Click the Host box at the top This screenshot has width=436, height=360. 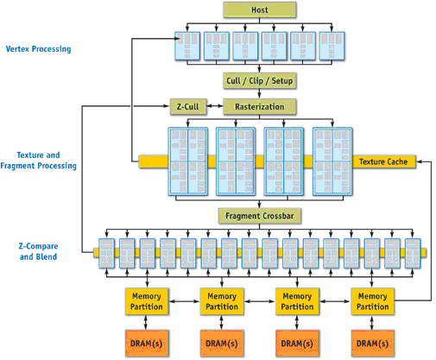[260, 9]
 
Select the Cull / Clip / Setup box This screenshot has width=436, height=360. [260, 79]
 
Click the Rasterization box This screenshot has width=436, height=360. [260, 107]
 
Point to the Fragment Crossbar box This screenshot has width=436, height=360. [260, 215]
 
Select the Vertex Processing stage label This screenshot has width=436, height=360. [37, 49]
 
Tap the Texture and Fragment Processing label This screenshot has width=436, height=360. [41, 160]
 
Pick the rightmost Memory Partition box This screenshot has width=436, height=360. [372, 300]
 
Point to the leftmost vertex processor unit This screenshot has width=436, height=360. [188, 47]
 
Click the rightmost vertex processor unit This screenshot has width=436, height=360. [332, 47]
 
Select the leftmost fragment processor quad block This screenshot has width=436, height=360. [188, 161]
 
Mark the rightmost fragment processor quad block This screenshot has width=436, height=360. [332, 161]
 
